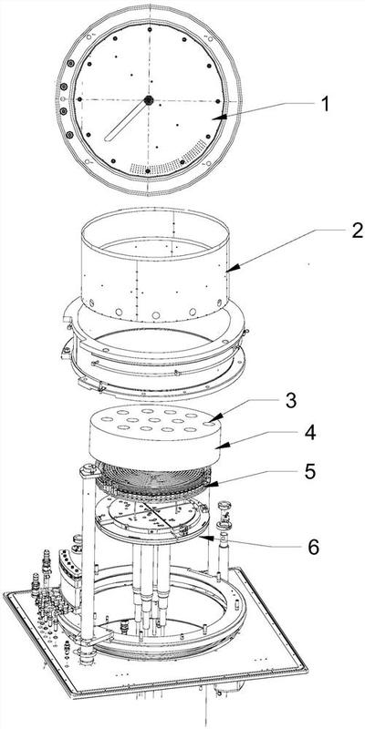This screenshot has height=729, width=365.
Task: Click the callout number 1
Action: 325,103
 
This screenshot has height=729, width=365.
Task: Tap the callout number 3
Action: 291,401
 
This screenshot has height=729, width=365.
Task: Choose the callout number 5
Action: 309,471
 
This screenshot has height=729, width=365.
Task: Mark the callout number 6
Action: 314,548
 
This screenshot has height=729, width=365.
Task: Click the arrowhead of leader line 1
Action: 220,118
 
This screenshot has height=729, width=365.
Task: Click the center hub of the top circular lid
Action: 149,100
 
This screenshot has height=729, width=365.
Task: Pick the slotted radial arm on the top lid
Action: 126,120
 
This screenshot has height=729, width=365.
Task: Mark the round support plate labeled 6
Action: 151,519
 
